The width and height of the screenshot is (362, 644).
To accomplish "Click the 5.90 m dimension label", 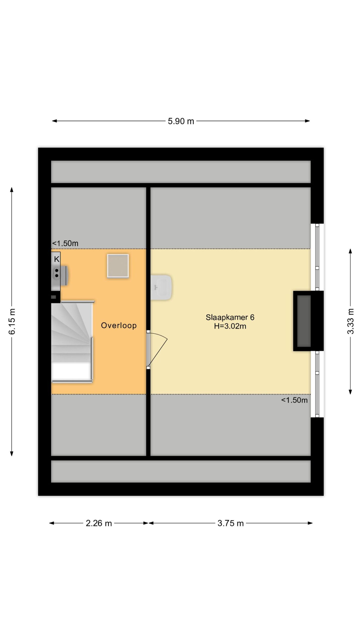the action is point(181,121).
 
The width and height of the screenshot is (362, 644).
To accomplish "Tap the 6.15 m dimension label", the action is point(12,321).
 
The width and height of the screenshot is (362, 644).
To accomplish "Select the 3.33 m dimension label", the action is point(350,321).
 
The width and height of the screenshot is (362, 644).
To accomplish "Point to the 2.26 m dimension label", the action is point(99,523).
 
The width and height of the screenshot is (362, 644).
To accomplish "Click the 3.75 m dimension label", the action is point(231,523).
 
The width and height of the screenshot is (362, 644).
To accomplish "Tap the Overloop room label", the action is point(119,326).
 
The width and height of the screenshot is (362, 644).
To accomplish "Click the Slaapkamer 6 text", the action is point(230,317).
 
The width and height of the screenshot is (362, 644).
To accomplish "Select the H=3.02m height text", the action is point(230,326).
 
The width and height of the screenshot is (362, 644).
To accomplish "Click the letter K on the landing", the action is point(57,259).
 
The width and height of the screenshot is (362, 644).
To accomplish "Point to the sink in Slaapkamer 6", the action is point(161,287).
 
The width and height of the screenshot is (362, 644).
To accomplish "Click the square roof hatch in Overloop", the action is point(118,266).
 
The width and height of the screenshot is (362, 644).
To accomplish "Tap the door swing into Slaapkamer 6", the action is point(157,349).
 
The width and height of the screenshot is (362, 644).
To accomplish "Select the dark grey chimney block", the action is point(304,321).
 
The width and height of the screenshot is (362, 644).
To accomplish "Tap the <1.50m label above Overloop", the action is point(65,244).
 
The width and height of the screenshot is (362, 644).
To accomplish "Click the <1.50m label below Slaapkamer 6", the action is point(294,400).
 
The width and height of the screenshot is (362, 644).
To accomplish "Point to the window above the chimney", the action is point(317,257).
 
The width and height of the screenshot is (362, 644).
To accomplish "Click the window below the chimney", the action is point(317,384).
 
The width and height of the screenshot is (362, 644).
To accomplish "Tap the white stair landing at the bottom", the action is point(71,371).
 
